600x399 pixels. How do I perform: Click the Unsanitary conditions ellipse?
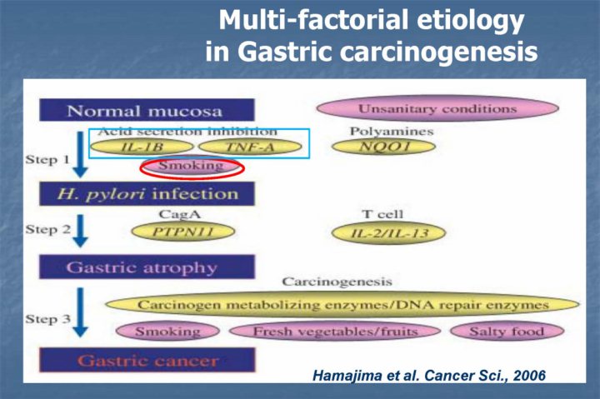pos(437,108)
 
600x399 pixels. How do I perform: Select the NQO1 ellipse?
pos(382,147)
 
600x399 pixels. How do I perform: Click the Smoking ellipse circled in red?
pos(192,167)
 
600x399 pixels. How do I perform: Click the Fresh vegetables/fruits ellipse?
pos(333,332)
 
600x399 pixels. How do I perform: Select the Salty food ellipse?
pos(508,332)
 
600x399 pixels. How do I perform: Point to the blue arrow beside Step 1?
pos(80,156)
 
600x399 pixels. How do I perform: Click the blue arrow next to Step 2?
pos(79,231)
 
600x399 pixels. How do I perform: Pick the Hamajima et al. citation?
pos(428,375)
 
